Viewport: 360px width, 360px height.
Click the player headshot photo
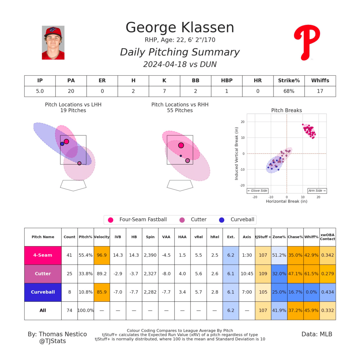[53, 43]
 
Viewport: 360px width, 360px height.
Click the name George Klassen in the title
[180, 28]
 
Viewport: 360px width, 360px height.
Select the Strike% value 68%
[289, 91]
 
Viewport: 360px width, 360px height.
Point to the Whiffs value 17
[320, 91]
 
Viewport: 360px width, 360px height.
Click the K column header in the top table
[165, 81]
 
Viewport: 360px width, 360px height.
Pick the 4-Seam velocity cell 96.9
[102, 255]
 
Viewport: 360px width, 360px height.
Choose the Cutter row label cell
[43, 274]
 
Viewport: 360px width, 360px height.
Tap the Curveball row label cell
[43, 292]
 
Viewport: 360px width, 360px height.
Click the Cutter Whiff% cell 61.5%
[311, 274]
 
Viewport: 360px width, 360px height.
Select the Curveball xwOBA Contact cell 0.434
[327, 292]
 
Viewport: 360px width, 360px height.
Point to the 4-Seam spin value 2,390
[150, 255]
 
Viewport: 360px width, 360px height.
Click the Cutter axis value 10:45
[247, 274]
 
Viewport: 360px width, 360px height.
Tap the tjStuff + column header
[263, 237]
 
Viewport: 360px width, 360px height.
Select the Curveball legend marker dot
[221, 220]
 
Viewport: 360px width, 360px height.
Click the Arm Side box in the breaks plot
[317, 191]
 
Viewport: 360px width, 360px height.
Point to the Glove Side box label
[257, 191]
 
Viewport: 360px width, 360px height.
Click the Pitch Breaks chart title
[286, 110]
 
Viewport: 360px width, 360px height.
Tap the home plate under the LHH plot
[73, 185]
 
